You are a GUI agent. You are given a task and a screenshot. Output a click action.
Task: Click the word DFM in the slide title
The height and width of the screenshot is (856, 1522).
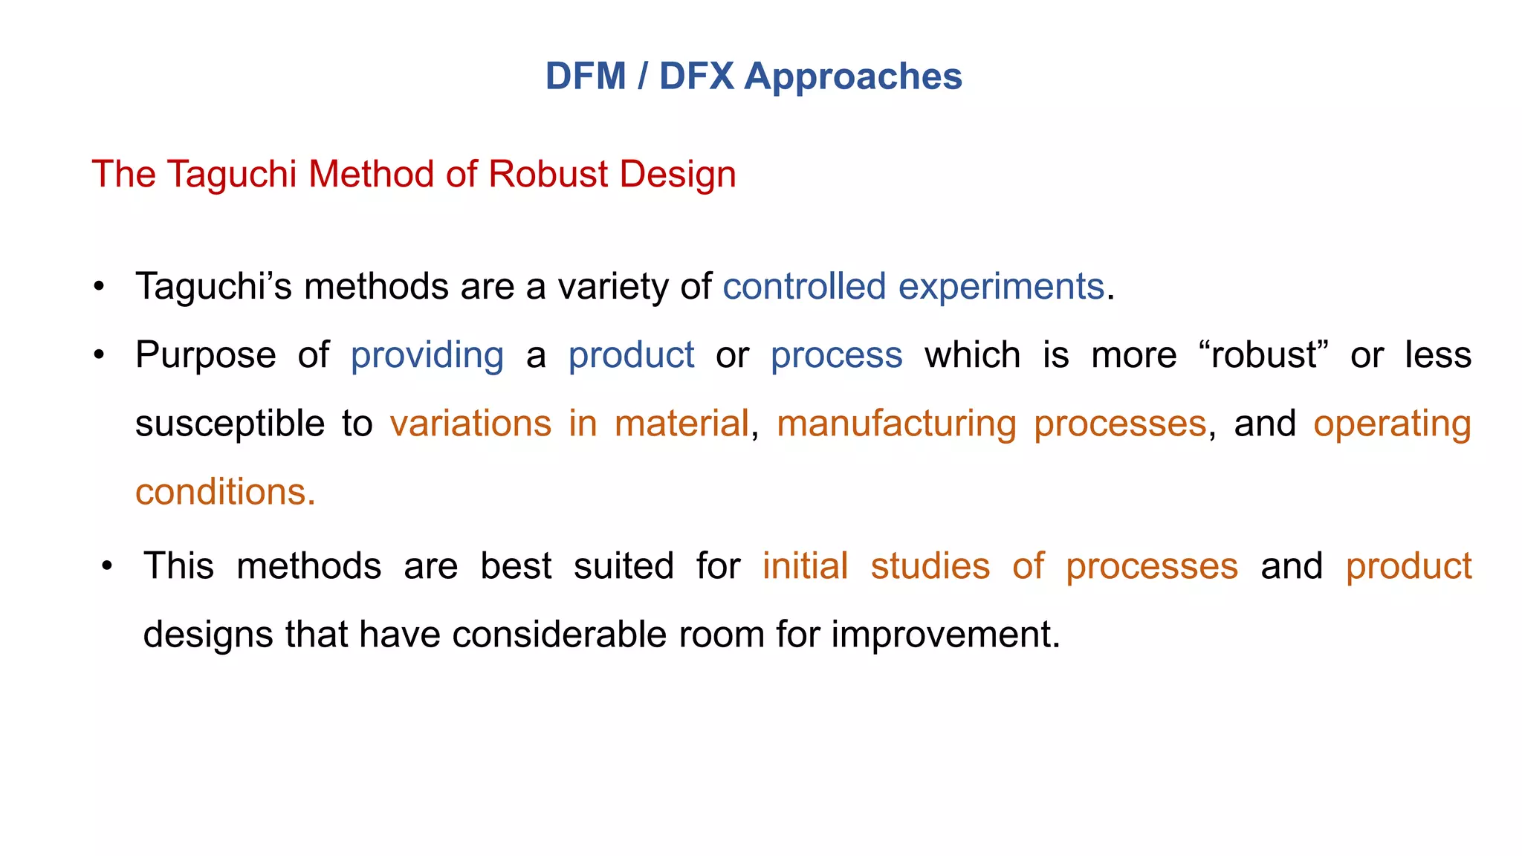click(586, 77)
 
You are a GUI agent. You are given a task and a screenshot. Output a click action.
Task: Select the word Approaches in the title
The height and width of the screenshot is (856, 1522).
click(853, 77)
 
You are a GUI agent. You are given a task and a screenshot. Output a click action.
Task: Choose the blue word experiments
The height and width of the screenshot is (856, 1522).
click(1001, 287)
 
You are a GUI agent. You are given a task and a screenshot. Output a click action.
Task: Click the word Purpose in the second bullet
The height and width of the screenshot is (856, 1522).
click(206, 355)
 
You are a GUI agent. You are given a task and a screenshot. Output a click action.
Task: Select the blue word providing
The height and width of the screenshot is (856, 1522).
click(427, 355)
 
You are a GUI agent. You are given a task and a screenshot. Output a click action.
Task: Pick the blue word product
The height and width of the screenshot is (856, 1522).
click(631, 355)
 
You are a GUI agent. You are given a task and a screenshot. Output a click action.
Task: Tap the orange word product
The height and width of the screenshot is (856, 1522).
click(1408, 566)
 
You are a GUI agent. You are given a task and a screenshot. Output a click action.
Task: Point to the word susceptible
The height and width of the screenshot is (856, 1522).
click(230, 424)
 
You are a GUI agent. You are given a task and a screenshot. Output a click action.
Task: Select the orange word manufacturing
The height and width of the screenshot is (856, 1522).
click(896, 424)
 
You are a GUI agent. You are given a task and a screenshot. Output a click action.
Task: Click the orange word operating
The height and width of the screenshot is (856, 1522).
click(1392, 424)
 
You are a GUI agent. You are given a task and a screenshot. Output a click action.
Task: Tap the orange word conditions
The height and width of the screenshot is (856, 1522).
click(225, 492)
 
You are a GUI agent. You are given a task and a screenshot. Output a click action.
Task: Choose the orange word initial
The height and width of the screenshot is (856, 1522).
click(805, 566)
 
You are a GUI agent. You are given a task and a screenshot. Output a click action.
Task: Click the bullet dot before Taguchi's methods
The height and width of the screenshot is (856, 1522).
click(99, 287)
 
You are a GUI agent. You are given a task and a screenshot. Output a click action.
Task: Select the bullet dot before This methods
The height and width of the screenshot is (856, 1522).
click(107, 566)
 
